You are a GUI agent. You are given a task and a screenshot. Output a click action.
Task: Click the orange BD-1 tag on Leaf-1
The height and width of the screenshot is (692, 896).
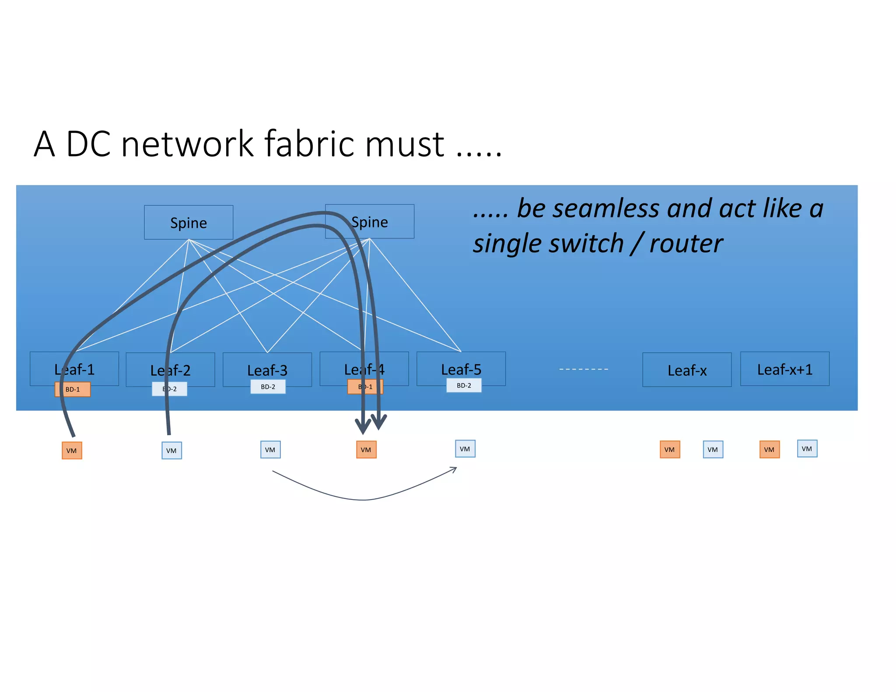tap(73, 389)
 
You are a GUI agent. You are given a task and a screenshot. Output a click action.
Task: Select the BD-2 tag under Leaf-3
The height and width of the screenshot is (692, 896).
tap(268, 387)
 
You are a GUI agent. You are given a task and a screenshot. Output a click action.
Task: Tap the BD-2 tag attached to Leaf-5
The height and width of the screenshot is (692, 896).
tap(464, 385)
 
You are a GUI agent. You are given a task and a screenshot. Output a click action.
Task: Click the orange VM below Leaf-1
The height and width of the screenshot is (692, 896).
tap(72, 451)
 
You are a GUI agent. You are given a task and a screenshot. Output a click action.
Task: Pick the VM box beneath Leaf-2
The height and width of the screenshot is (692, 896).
tap(171, 451)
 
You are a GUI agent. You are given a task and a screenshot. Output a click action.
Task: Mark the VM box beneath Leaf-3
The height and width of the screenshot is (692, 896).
tap(270, 450)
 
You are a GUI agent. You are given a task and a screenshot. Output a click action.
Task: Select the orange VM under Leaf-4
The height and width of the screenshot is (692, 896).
tap(366, 450)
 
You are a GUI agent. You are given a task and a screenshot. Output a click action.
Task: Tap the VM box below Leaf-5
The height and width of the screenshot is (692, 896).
tap(465, 449)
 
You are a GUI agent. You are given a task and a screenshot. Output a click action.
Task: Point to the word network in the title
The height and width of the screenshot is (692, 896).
tap(187, 144)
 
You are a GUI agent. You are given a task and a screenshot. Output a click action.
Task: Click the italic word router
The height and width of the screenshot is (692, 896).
tap(686, 243)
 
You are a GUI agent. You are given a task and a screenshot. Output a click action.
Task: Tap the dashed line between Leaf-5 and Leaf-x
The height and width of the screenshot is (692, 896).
tap(584, 369)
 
